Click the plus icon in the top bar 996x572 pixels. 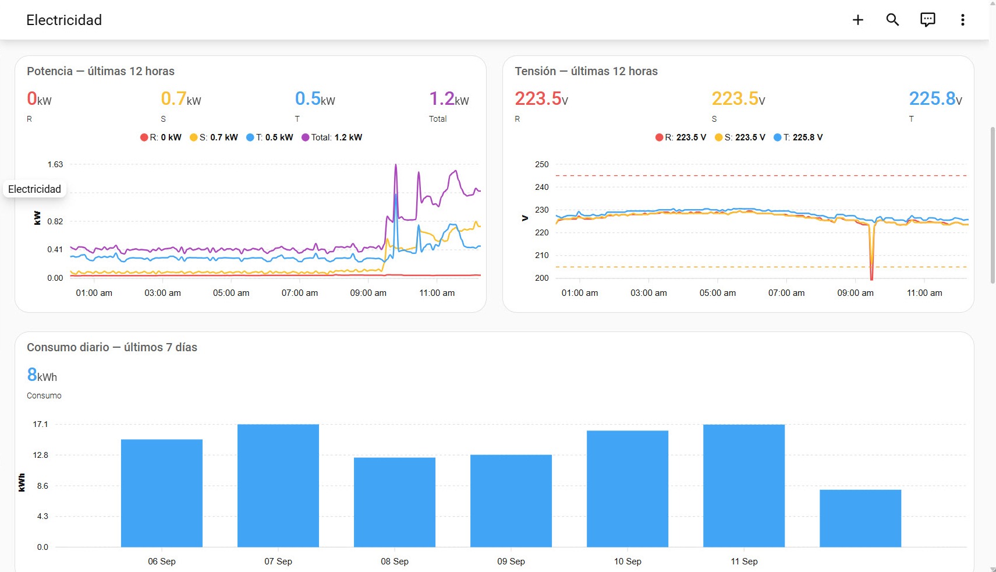[857, 20]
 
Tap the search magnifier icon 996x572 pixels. [892, 20]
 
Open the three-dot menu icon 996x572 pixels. [963, 20]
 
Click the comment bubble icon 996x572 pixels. [927, 20]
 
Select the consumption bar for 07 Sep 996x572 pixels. [278, 485]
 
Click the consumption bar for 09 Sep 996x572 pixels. [511, 501]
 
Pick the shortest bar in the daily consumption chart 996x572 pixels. [860, 518]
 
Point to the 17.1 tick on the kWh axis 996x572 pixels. [41, 424]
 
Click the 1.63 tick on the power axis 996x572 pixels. [55, 165]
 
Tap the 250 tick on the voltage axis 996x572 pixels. [541, 165]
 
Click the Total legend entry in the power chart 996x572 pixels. [332, 137]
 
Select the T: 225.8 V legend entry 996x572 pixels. [798, 137]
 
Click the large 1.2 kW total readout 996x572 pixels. [449, 99]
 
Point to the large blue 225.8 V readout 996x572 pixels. [935, 99]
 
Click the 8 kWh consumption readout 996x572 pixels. [42, 375]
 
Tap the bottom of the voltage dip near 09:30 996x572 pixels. [871, 280]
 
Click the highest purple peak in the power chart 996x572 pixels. [396, 165]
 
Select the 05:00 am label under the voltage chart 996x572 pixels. [717, 293]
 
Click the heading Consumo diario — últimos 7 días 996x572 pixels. [112, 347]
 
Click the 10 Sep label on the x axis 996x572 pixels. [628, 562]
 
